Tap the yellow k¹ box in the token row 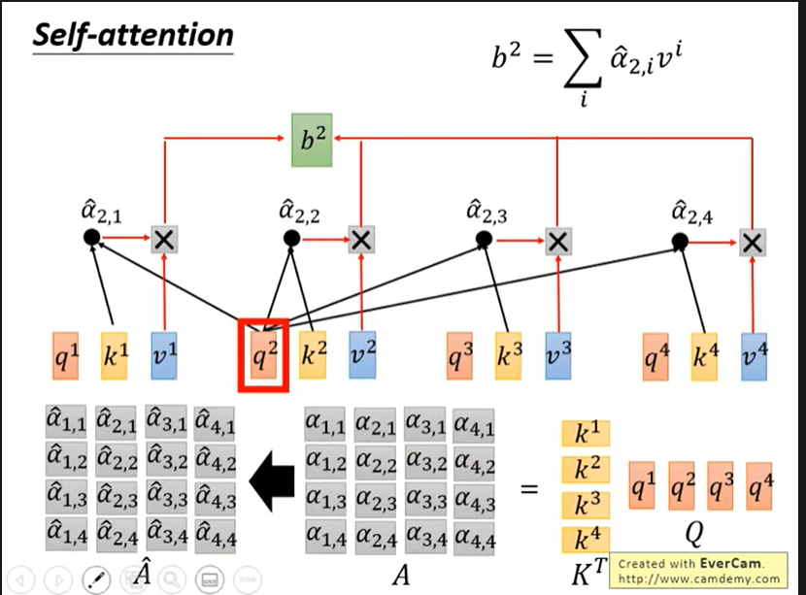(x=116, y=356)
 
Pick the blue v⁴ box (x=754, y=356)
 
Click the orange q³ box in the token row (x=460, y=356)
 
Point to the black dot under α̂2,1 (x=91, y=237)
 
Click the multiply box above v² (x=361, y=240)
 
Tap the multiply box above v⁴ (x=752, y=243)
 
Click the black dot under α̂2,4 (x=680, y=242)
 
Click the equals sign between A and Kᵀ (x=528, y=488)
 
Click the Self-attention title (x=133, y=37)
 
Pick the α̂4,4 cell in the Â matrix (x=216, y=532)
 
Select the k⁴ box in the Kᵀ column (x=586, y=540)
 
